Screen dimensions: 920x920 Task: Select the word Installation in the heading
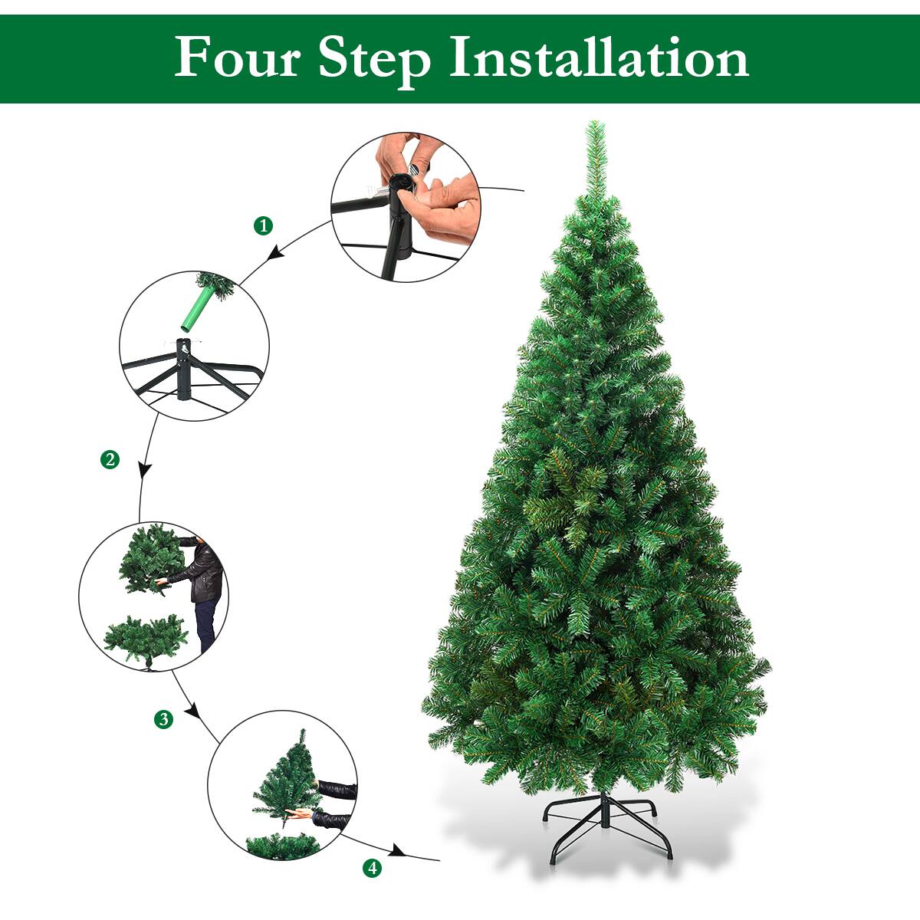tap(598, 58)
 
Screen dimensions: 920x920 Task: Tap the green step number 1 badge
tap(263, 225)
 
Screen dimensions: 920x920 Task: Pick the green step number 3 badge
tap(163, 719)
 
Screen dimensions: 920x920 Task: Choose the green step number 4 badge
tap(372, 868)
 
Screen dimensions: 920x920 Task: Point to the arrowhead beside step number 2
tap(143, 469)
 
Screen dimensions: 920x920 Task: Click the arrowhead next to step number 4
tap(397, 851)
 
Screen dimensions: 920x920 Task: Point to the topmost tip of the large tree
tap(593, 124)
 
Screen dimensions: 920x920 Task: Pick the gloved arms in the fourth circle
tap(333, 801)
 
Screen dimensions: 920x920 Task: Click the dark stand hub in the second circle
tap(183, 368)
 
